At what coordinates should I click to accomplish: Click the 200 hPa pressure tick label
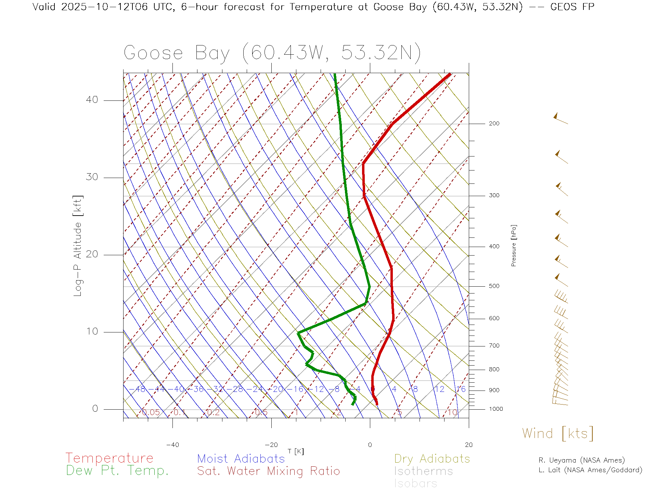[x=494, y=124]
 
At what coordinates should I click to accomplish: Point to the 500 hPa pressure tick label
[x=494, y=286]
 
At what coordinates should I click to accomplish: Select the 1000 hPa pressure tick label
[x=496, y=409]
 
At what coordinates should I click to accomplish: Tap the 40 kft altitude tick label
[x=92, y=100]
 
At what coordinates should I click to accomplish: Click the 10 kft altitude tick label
[x=92, y=331]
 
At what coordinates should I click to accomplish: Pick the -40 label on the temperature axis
[x=172, y=445]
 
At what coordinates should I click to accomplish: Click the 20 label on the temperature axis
[x=468, y=445]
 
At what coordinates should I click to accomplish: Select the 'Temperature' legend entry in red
[x=109, y=458]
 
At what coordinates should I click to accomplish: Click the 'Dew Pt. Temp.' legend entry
[x=117, y=471]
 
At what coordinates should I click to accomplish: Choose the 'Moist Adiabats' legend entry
[x=241, y=459]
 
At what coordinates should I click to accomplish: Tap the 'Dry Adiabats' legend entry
[x=432, y=459]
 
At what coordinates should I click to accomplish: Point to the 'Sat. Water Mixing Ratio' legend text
[x=268, y=471]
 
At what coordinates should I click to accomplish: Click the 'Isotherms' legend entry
[x=424, y=471]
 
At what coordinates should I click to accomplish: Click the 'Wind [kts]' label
[x=558, y=434]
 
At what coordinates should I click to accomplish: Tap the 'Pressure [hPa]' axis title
[x=514, y=245]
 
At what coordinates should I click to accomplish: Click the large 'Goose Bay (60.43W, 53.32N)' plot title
[x=272, y=53]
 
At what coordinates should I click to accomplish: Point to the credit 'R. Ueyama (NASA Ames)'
[x=582, y=460]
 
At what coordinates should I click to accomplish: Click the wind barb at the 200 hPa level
[x=560, y=119]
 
